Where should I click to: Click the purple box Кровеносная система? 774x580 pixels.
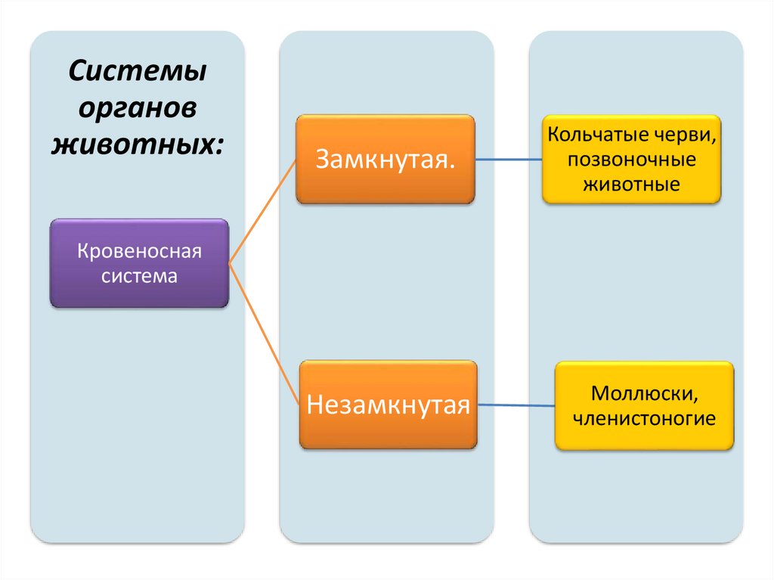[x=139, y=262]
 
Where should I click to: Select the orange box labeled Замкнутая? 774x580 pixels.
[x=385, y=159]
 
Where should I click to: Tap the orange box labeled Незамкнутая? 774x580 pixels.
[x=389, y=405]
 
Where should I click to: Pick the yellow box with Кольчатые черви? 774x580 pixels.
[x=631, y=159]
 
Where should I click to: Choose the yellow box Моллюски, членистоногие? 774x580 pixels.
[x=644, y=405]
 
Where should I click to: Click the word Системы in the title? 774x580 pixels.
[x=138, y=74]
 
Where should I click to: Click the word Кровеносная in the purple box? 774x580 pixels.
[x=139, y=251]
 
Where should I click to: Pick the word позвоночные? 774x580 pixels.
[x=631, y=160]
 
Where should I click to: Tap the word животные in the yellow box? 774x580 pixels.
[x=631, y=184]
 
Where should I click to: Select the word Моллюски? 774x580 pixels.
[x=644, y=393]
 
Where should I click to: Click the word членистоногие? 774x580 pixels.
[x=644, y=417]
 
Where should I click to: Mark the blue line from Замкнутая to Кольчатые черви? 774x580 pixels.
[x=508, y=160]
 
